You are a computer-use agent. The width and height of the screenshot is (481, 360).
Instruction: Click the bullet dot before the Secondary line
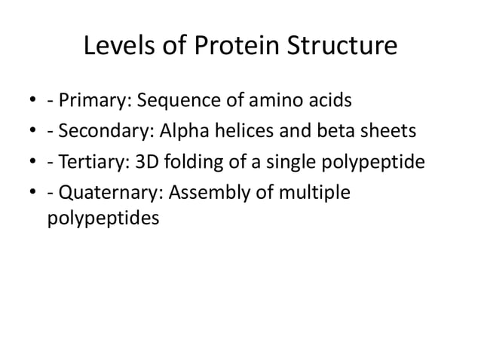tap(32, 133)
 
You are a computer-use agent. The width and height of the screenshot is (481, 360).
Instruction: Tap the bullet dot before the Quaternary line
tap(32, 194)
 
